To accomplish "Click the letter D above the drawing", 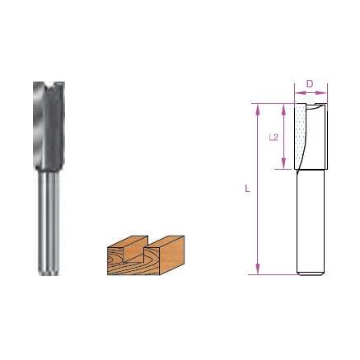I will tap(310, 84).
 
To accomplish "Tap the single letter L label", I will tap(247, 189).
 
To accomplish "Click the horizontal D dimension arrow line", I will tap(311, 93).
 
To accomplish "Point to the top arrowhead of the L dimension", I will tap(259, 107).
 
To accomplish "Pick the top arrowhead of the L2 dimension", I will tap(284, 107).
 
